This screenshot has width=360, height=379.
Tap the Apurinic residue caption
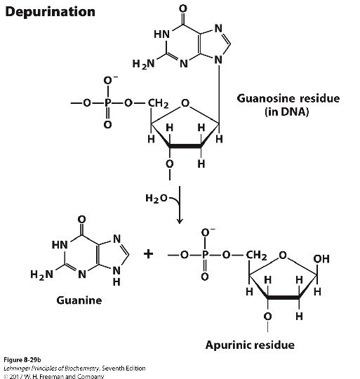pyautogui.click(x=250, y=345)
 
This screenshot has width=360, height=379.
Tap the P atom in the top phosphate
pyautogui.click(x=107, y=105)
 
